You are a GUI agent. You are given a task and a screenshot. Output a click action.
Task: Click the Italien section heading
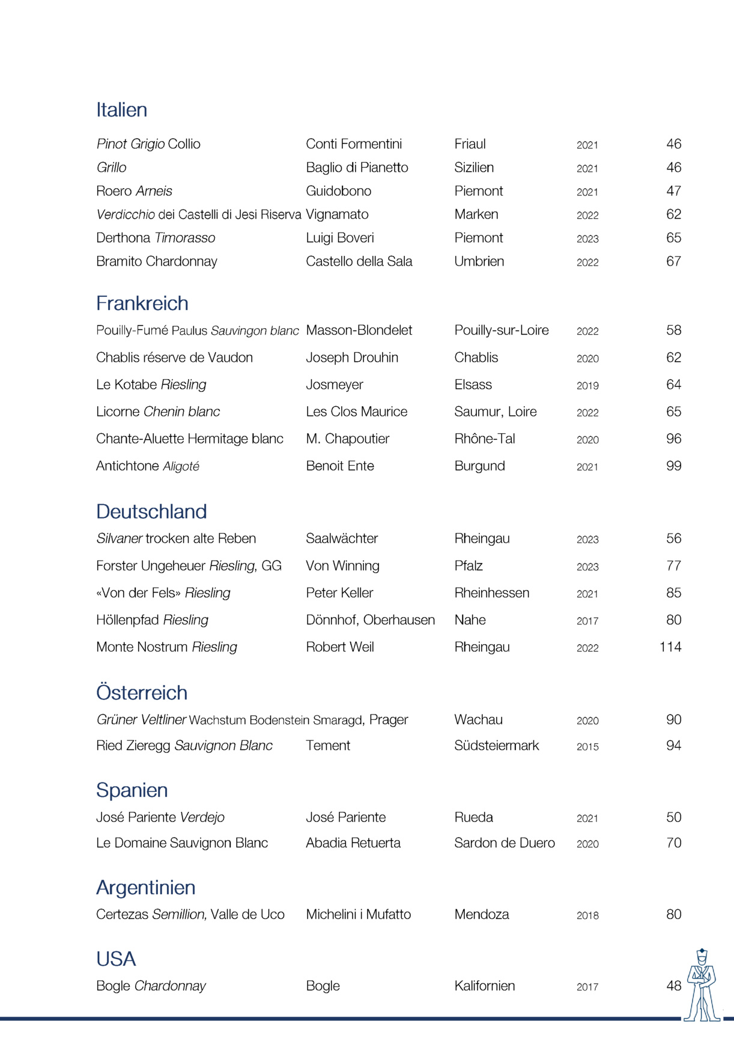(x=121, y=110)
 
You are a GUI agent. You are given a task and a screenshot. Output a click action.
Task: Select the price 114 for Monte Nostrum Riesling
(x=670, y=647)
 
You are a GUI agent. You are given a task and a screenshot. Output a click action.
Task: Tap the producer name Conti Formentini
(x=354, y=144)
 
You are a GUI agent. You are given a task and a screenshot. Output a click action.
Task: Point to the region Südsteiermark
(x=496, y=746)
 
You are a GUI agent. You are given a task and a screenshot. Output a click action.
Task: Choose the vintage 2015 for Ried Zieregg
(x=587, y=747)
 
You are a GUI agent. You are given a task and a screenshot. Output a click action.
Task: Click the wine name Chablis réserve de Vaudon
(x=174, y=358)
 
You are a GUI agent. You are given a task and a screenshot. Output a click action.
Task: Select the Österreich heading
(x=142, y=693)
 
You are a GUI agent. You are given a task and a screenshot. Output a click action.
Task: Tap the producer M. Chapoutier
(x=347, y=439)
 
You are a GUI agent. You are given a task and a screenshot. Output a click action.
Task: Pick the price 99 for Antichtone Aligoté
(x=673, y=466)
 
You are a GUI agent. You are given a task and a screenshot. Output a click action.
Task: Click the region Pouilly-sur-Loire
(x=501, y=331)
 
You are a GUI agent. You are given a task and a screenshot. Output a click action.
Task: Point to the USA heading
(x=116, y=959)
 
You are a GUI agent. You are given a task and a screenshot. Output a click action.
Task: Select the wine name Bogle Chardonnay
(x=151, y=986)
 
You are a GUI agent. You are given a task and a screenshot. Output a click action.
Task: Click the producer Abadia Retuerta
(x=353, y=843)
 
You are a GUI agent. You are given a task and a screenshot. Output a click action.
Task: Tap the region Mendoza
(x=481, y=915)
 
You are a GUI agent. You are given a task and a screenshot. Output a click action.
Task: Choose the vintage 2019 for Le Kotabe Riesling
(x=587, y=386)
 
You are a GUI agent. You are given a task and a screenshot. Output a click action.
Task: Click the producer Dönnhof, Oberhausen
(x=370, y=620)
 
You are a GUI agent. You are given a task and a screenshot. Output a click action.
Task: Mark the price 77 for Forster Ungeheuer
(x=673, y=566)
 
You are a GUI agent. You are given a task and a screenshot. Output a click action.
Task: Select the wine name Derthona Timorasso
(x=156, y=238)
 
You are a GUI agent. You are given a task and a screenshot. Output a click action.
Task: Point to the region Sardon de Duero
(x=504, y=843)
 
